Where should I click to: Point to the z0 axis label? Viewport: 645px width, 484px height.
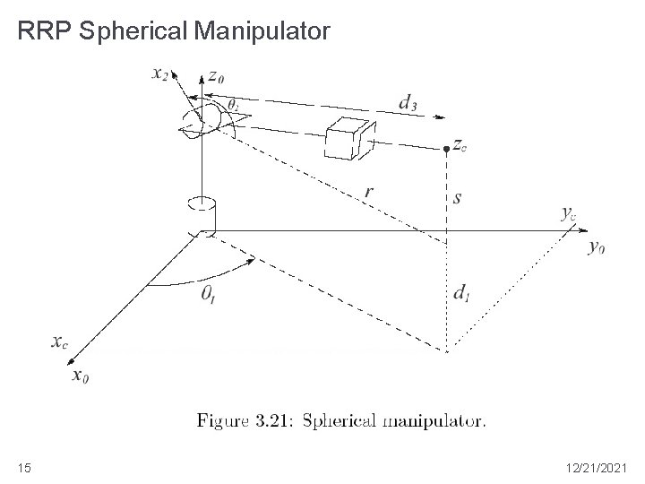216,77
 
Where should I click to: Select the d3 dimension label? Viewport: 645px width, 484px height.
407,103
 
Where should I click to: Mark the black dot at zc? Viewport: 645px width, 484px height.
445,147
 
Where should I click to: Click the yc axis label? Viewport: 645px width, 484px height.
569,212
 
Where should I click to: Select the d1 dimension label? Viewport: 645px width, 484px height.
460,292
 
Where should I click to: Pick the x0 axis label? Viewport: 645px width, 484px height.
80,375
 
